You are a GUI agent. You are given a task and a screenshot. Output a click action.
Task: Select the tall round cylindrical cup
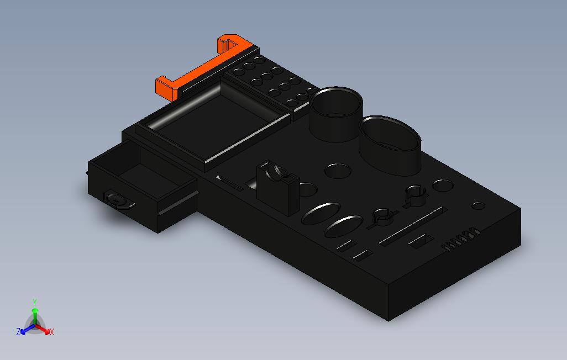click(336, 116)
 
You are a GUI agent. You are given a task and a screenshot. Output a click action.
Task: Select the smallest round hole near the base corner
click(478, 206)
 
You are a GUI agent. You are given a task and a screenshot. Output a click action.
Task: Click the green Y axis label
click(34, 302)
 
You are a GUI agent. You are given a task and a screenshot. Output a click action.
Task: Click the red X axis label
click(51, 332)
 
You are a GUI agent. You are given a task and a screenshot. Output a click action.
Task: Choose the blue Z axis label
click(18, 332)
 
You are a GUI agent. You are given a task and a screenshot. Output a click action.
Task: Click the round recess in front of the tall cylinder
click(338, 171)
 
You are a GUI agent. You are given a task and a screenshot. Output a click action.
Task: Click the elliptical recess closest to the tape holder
click(320, 213)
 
